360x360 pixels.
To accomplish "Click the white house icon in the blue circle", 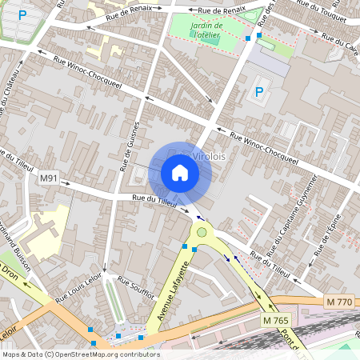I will click(180, 173).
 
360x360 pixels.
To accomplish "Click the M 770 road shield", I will click(339, 302).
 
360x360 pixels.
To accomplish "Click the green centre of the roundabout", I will click(202, 233).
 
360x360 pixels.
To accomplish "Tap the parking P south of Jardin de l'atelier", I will click(258, 92).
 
